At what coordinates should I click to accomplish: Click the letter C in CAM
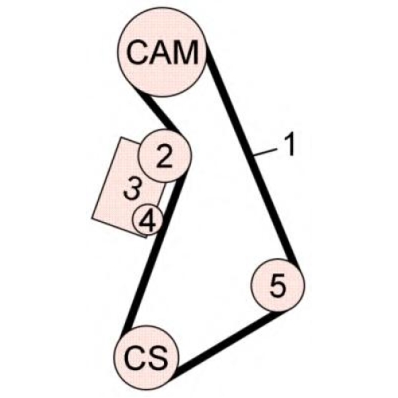click(138, 52)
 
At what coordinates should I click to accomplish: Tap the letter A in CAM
click(161, 52)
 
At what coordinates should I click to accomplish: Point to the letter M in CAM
click(186, 52)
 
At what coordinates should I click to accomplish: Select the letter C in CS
click(135, 357)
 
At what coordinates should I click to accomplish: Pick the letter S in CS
click(158, 357)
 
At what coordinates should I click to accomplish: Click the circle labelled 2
click(165, 156)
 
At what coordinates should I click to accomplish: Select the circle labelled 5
click(278, 285)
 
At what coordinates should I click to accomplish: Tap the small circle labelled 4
click(148, 220)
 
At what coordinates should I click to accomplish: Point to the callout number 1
click(290, 145)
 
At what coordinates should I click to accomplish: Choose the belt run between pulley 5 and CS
click(226, 342)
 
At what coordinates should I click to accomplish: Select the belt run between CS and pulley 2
click(154, 252)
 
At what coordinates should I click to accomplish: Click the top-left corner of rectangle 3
click(121, 138)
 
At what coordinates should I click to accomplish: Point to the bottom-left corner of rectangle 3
click(92, 218)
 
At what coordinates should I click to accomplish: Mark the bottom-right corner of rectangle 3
click(146, 237)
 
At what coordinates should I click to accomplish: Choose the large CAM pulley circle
click(162, 53)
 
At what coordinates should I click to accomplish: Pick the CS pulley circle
click(146, 357)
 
